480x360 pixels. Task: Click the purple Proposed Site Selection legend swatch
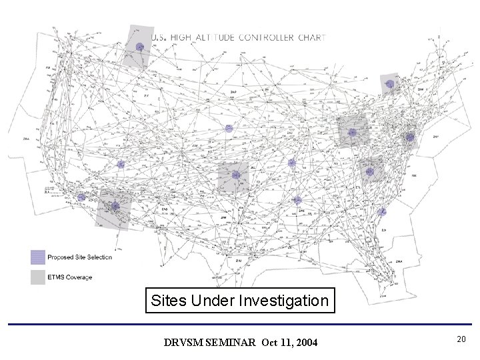[37, 257]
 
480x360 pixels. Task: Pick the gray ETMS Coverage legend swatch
[37, 277]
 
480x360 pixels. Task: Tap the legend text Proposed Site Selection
[79, 257]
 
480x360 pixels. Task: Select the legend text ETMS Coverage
[69, 277]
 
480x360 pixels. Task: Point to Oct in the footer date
[269, 343]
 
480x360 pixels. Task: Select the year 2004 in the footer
[305, 343]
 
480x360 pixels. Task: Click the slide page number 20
[461, 340]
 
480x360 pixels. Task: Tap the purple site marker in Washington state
[139, 46]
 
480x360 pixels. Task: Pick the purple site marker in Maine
[390, 84]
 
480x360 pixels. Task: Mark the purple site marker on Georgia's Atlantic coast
[381, 211]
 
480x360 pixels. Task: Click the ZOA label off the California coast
[27, 139]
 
